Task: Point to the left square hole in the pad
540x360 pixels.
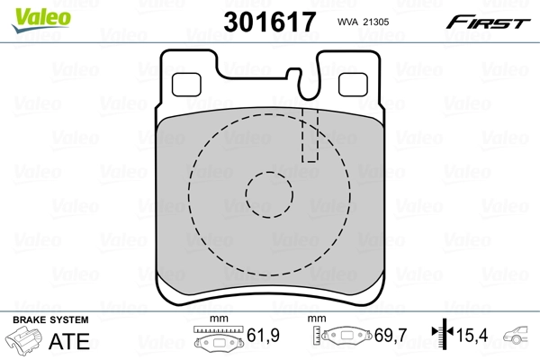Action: pyautogui.click(x=187, y=83)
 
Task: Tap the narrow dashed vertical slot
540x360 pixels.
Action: pyautogui.click(x=310, y=135)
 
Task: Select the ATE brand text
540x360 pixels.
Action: pyautogui.click(x=75, y=339)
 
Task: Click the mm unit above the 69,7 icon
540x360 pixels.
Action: pyautogui.click(x=316, y=320)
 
